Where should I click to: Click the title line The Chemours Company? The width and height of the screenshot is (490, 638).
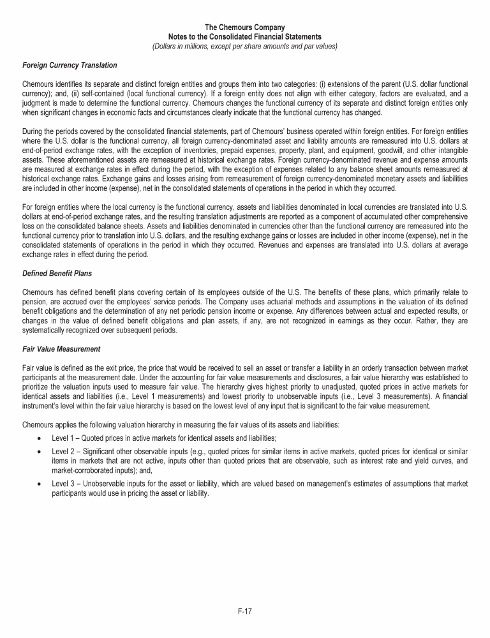coord(245,27)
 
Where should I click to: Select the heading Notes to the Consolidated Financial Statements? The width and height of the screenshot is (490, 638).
coord(245,36)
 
